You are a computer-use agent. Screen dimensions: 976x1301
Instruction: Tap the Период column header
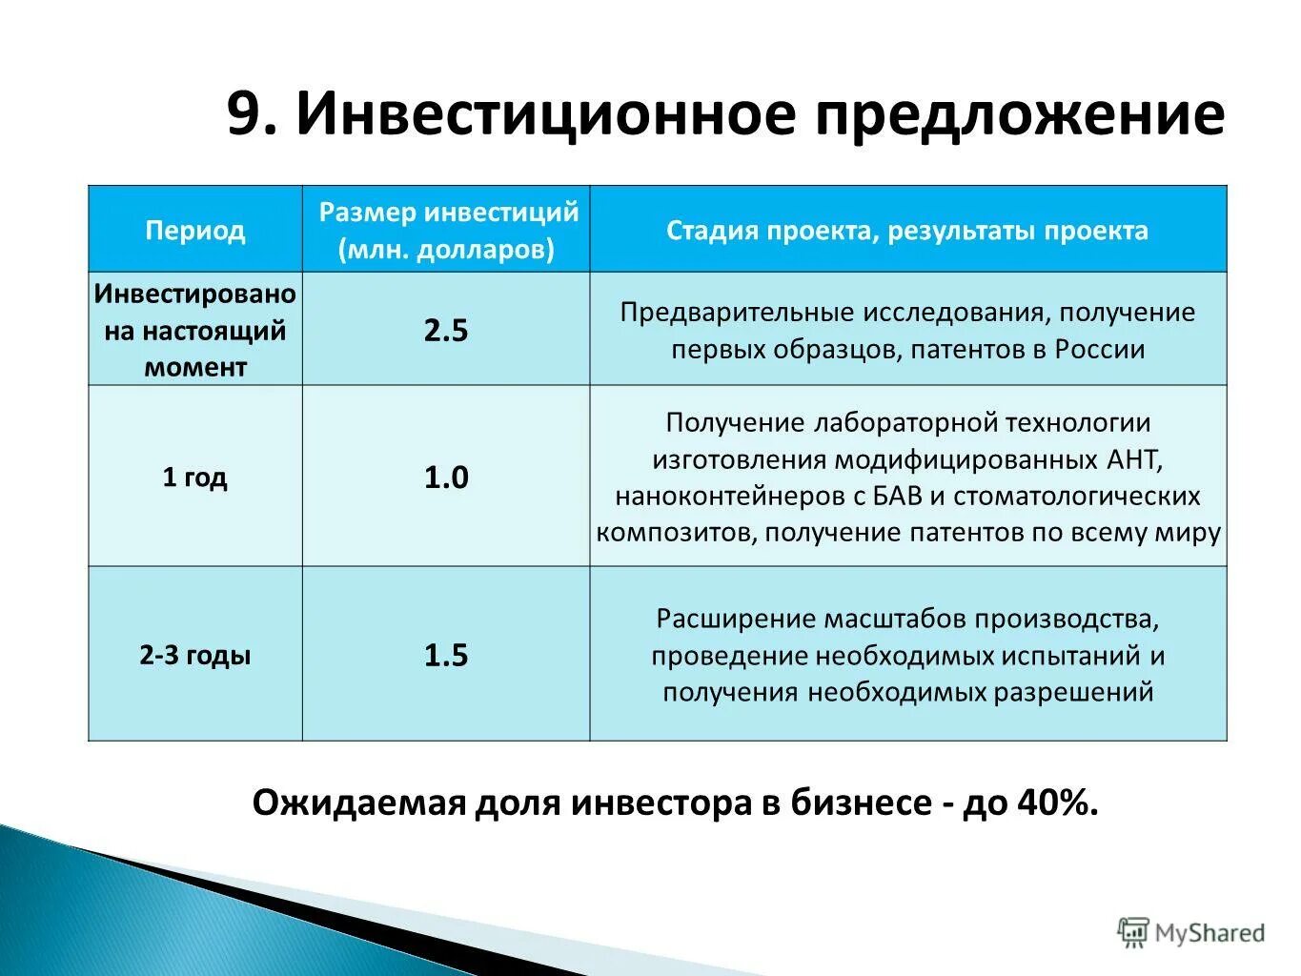pyautogui.click(x=195, y=231)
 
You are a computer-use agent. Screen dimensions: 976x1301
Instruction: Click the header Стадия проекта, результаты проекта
pyautogui.click(x=907, y=231)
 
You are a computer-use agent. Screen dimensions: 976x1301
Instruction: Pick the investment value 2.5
pyautogui.click(x=446, y=331)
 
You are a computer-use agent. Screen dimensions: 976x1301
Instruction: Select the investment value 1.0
pyautogui.click(x=446, y=478)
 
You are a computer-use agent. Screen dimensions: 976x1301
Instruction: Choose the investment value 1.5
pyautogui.click(x=446, y=656)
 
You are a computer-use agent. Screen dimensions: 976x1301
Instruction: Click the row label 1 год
pyautogui.click(x=195, y=477)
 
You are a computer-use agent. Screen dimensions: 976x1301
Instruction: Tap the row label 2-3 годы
pyautogui.click(x=195, y=656)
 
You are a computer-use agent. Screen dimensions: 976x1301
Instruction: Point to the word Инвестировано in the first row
pyautogui.click(x=195, y=295)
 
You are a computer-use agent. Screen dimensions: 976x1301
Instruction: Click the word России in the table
pyautogui.click(x=1099, y=349)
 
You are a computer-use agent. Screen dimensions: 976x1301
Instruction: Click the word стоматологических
pyautogui.click(x=1077, y=497)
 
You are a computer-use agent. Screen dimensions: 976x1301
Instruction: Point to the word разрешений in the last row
pyautogui.click(x=1074, y=692)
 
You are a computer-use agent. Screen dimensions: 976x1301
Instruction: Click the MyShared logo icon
pyautogui.click(x=1132, y=933)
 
